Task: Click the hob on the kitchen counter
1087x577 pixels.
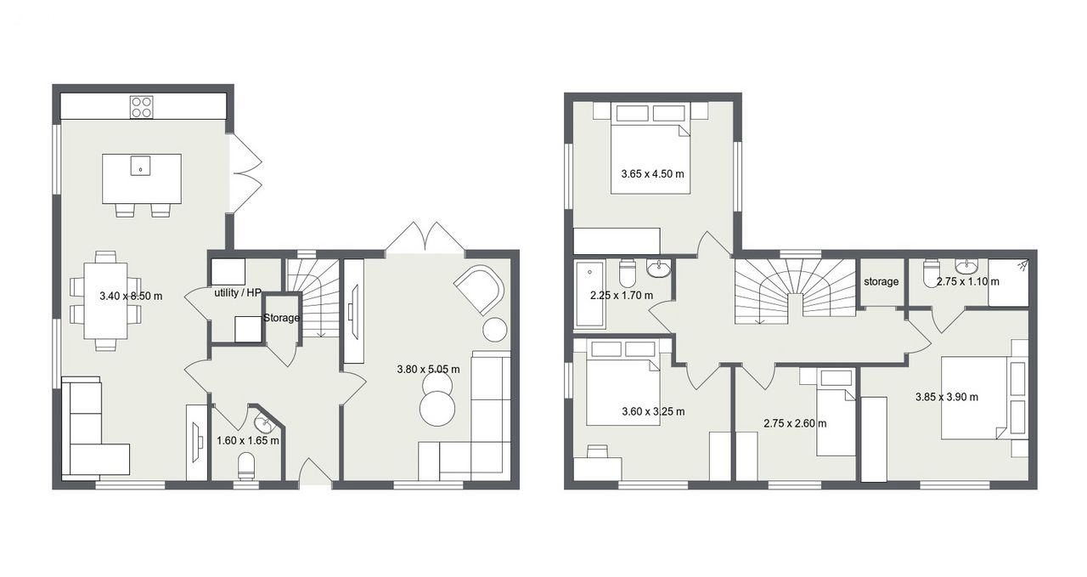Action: point(142,107)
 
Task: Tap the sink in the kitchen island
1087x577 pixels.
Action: point(140,165)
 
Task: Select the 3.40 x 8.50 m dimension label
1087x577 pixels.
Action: point(131,296)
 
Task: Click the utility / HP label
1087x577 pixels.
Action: point(238,293)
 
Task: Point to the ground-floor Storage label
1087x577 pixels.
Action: point(281,318)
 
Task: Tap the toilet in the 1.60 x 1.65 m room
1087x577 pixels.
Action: point(246,467)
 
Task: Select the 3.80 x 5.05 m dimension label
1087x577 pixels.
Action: point(429,369)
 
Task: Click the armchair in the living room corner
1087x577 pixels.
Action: point(480,291)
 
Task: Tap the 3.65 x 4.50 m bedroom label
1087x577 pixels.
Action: point(653,173)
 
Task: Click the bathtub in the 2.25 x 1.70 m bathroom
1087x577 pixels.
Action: point(590,293)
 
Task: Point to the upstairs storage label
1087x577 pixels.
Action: point(881,281)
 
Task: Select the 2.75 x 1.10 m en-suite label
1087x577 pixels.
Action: point(967,281)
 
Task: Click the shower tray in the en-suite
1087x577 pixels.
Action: point(1008,283)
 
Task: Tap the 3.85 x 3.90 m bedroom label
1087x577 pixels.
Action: point(947,397)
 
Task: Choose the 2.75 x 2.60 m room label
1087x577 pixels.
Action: point(795,423)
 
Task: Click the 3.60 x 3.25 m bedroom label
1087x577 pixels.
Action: point(653,411)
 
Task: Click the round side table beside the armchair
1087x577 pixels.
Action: point(495,330)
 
